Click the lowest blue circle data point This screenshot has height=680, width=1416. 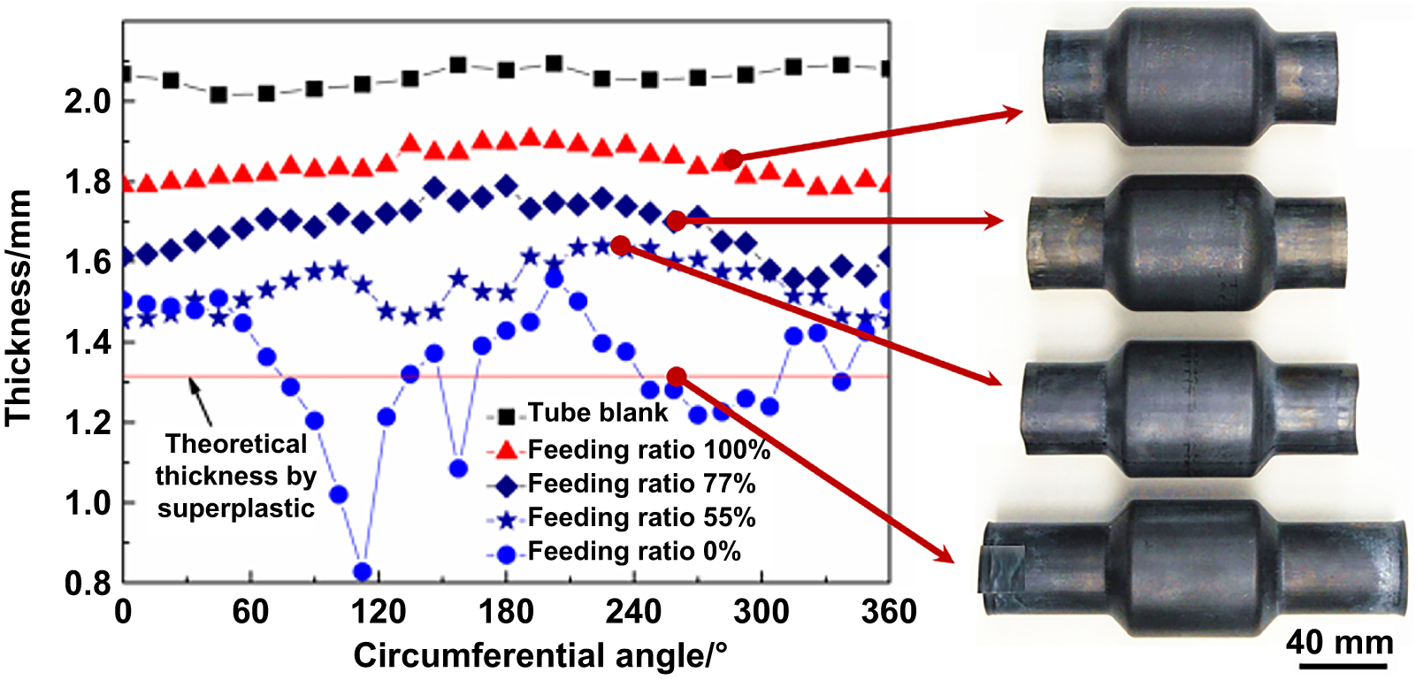tap(362, 571)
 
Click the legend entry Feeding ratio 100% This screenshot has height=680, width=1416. tap(648, 449)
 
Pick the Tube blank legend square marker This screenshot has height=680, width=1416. tap(506, 415)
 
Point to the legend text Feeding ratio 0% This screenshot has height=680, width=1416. tap(634, 552)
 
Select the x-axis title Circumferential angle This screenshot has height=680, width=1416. tap(540, 656)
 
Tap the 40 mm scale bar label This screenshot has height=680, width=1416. tap(1339, 641)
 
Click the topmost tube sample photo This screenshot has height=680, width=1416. tap(1190, 78)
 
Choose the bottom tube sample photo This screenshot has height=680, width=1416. tap(1194, 568)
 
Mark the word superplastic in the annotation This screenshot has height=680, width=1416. tap(236, 508)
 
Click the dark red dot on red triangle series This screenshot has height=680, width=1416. tap(732, 160)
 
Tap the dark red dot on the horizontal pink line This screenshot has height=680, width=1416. tap(677, 378)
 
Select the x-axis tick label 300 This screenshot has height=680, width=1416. tap(761, 612)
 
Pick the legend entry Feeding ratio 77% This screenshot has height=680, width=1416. tap(641, 484)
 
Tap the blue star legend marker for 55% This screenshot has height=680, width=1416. tap(506, 519)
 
